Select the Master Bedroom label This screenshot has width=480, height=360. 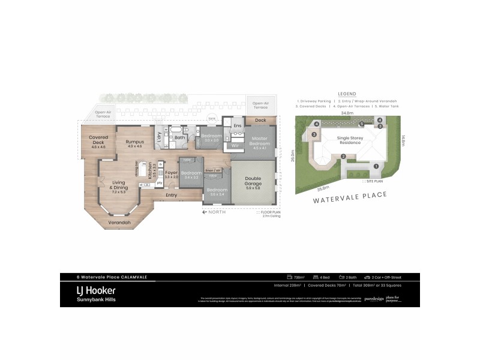tap(259, 142)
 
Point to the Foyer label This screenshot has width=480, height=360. tap(171, 174)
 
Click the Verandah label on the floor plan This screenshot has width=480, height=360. tap(119, 223)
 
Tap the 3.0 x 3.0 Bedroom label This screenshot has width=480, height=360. tap(211, 137)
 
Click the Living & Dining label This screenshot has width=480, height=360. tap(119, 189)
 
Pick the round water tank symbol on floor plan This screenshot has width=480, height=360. tap(211, 118)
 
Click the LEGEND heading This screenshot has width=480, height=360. tap(347, 94)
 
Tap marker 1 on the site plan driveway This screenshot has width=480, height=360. tap(376, 166)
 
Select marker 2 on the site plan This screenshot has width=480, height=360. tap(343, 157)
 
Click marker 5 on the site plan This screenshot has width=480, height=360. tap(361, 124)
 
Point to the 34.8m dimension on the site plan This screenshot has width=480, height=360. tap(347, 112)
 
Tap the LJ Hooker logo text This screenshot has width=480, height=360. tap(88, 289)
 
